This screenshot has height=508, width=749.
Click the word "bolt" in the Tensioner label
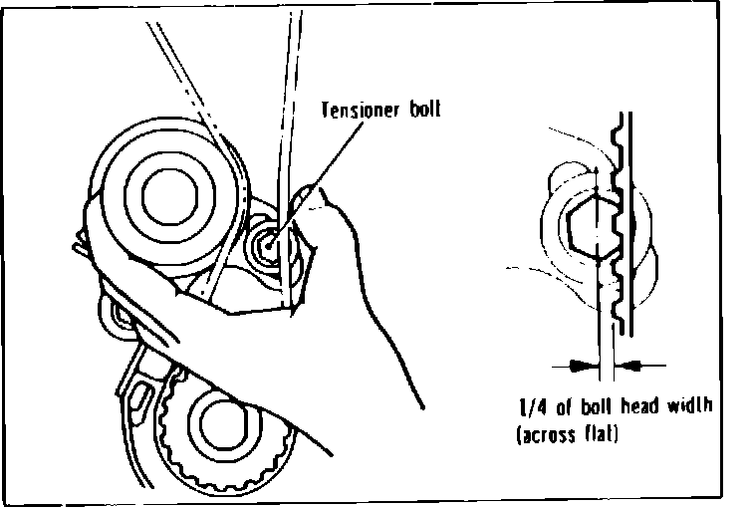418,110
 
